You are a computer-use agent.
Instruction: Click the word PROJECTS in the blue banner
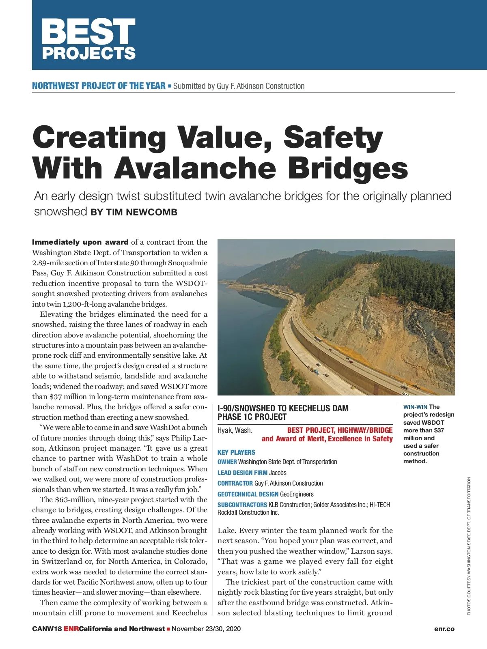tap(88, 53)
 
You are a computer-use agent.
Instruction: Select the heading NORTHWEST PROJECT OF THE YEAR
tap(99, 86)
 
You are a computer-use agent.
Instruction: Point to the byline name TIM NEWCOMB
tap(142, 212)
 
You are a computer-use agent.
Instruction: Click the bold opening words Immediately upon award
tap(80, 242)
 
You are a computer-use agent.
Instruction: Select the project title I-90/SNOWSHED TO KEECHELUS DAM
tap(283, 408)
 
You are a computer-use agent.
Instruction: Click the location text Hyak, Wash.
tap(235, 430)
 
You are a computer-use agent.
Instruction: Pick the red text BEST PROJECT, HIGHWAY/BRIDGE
tap(340, 430)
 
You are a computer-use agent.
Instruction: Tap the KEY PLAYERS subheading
tap(236, 452)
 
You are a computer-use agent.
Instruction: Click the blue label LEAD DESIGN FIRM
tap(242, 473)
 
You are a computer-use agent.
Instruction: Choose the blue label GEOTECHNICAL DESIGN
tap(248, 494)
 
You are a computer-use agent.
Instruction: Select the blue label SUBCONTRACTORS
tap(242, 505)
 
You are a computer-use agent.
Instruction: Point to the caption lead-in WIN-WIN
tap(415, 407)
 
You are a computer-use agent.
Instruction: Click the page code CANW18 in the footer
tap(47, 629)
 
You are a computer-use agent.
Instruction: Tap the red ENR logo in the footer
tap(71, 629)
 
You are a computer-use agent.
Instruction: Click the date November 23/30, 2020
tap(206, 629)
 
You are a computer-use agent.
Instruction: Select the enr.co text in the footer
tap(444, 629)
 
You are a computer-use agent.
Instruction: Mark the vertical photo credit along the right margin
tap(469, 546)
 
